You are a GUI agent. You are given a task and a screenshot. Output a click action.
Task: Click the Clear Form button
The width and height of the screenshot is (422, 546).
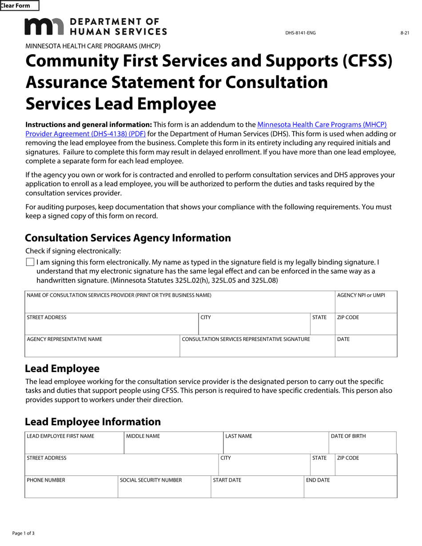click(20, 6)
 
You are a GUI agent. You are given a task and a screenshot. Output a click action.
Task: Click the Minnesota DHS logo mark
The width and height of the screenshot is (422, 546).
click(44, 27)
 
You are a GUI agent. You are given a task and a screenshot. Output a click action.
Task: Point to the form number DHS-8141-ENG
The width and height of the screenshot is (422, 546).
click(300, 33)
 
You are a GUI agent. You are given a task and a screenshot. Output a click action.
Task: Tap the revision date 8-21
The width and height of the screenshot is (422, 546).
click(404, 33)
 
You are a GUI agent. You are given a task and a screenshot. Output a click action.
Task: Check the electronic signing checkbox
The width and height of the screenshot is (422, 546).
click(30, 262)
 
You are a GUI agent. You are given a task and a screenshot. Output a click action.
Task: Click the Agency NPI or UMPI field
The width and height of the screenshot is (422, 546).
click(366, 305)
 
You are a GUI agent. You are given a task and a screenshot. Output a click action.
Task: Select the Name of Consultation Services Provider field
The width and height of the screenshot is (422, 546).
click(179, 305)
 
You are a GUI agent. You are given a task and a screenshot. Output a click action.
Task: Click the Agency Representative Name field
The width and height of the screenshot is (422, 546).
click(102, 349)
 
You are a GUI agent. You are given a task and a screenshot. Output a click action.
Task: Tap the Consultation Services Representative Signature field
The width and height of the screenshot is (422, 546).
click(257, 349)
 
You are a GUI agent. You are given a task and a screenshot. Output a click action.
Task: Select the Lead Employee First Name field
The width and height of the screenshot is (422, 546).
click(74, 446)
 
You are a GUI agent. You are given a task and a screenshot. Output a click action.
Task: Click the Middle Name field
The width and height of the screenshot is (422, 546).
click(173, 446)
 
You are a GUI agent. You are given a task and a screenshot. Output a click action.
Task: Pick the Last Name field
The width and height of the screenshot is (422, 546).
click(275, 446)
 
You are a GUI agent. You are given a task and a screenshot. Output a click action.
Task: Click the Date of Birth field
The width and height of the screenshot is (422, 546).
click(362, 446)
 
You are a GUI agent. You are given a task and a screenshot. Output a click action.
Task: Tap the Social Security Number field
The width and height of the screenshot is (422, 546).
click(164, 490)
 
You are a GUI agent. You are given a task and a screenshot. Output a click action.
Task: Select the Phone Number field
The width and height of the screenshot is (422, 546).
click(71, 490)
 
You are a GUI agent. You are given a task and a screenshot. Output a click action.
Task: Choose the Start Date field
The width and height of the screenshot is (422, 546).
click(257, 490)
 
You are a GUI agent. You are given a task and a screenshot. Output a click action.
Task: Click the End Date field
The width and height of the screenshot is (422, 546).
click(350, 490)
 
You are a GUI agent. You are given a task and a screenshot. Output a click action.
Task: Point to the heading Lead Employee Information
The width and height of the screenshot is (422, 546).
click(93, 422)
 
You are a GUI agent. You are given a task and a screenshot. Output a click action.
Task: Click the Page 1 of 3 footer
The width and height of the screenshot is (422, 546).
click(23, 533)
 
